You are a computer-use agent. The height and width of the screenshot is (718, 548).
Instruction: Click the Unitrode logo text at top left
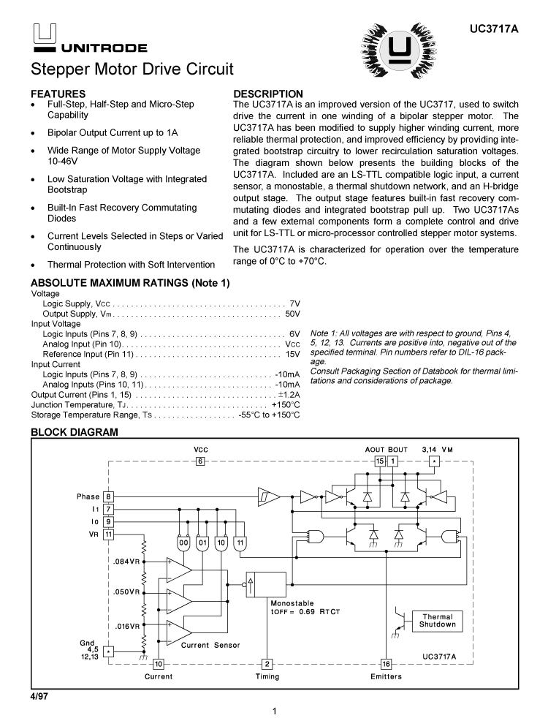point(104,48)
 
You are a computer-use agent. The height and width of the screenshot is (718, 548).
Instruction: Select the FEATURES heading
point(58,94)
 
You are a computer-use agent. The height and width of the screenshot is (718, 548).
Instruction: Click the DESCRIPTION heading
point(267,94)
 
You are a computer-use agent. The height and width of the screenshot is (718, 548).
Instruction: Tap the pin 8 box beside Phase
point(108,496)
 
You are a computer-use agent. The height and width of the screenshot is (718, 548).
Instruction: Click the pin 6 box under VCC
point(200,461)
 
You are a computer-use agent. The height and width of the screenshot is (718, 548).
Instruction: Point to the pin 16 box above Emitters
point(387,664)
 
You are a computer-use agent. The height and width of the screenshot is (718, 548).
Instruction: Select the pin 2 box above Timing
point(267,664)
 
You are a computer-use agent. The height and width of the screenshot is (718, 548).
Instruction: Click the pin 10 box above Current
point(158,664)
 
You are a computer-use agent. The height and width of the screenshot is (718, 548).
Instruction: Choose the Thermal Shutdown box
point(438,621)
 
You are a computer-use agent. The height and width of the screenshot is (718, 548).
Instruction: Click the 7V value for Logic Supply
point(294,303)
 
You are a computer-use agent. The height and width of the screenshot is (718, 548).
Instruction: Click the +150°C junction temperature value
point(286,404)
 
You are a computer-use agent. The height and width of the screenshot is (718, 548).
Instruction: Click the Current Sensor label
point(210,645)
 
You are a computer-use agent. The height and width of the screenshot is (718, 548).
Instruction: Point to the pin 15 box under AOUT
point(380,461)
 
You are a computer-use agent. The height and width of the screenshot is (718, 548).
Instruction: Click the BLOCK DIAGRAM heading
point(74,433)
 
